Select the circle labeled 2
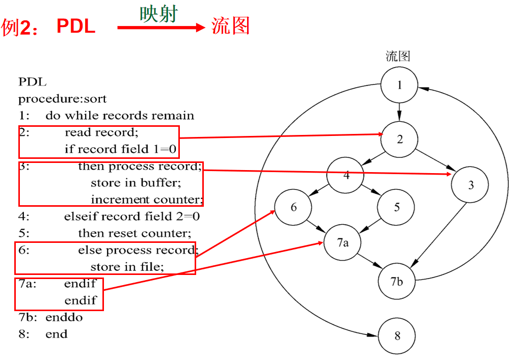tap(399, 140)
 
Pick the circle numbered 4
tap(346, 176)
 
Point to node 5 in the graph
tap(396, 207)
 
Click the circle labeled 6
tap(293, 207)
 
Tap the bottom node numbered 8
tap(397, 336)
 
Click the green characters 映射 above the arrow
tap(158, 14)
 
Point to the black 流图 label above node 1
tap(398, 56)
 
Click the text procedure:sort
tap(63, 99)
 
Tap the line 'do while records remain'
tap(120, 116)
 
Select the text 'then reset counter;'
tap(135, 233)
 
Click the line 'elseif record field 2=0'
tap(131, 216)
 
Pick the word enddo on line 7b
tap(64, 317)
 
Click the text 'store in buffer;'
tap(136, 183)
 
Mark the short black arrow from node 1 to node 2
tap(399, 110)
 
